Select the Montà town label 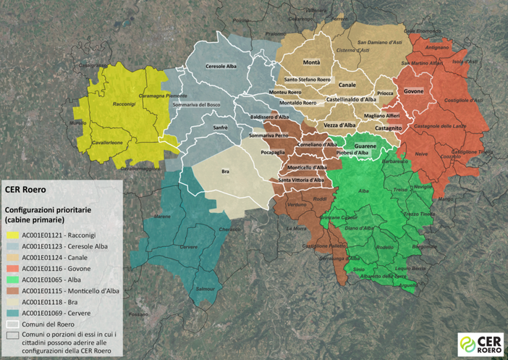coord(311,63)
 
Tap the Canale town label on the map coord(347,85)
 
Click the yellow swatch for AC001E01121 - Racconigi coord(12,235)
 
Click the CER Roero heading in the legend coord(26,190)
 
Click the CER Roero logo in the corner coord(480,343)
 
